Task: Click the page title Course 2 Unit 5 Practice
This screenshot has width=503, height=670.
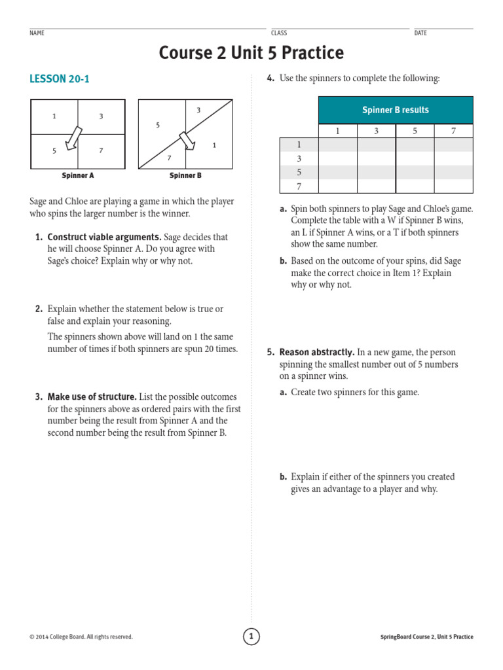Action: click(x=251, y=53)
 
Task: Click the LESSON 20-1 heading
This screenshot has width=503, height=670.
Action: click(x=60, y=79)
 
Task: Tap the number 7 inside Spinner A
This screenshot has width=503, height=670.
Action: click(x=101, y=150)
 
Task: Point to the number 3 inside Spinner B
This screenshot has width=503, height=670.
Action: click(x=198, y=110)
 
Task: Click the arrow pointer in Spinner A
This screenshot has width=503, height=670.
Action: click(x=74, y=137)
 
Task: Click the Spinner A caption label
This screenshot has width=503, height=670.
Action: click(x=78, y=176)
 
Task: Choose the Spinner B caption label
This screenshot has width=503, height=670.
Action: click(x=185, y=176)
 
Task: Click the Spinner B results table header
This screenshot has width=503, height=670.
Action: click(x=395, y=110)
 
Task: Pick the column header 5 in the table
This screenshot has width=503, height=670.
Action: click(x=415, y=131)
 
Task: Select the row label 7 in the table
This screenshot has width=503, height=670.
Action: click(x=299, y=186)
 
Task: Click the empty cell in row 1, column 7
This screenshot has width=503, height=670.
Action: click(x=453, y=145)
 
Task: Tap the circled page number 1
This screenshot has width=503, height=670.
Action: click(x=251, y=636)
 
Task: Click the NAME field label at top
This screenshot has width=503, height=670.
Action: click(x=37, y=33)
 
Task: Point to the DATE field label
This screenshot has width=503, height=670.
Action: click(x=420, y=33)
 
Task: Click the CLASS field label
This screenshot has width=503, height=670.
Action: click(x=279, y=33)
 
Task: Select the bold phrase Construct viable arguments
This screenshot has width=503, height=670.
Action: click(x=104, y=238)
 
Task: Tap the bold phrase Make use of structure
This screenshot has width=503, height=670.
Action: click(x=92, y=397)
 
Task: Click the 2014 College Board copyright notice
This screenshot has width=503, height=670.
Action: click(x=81, y=637)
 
